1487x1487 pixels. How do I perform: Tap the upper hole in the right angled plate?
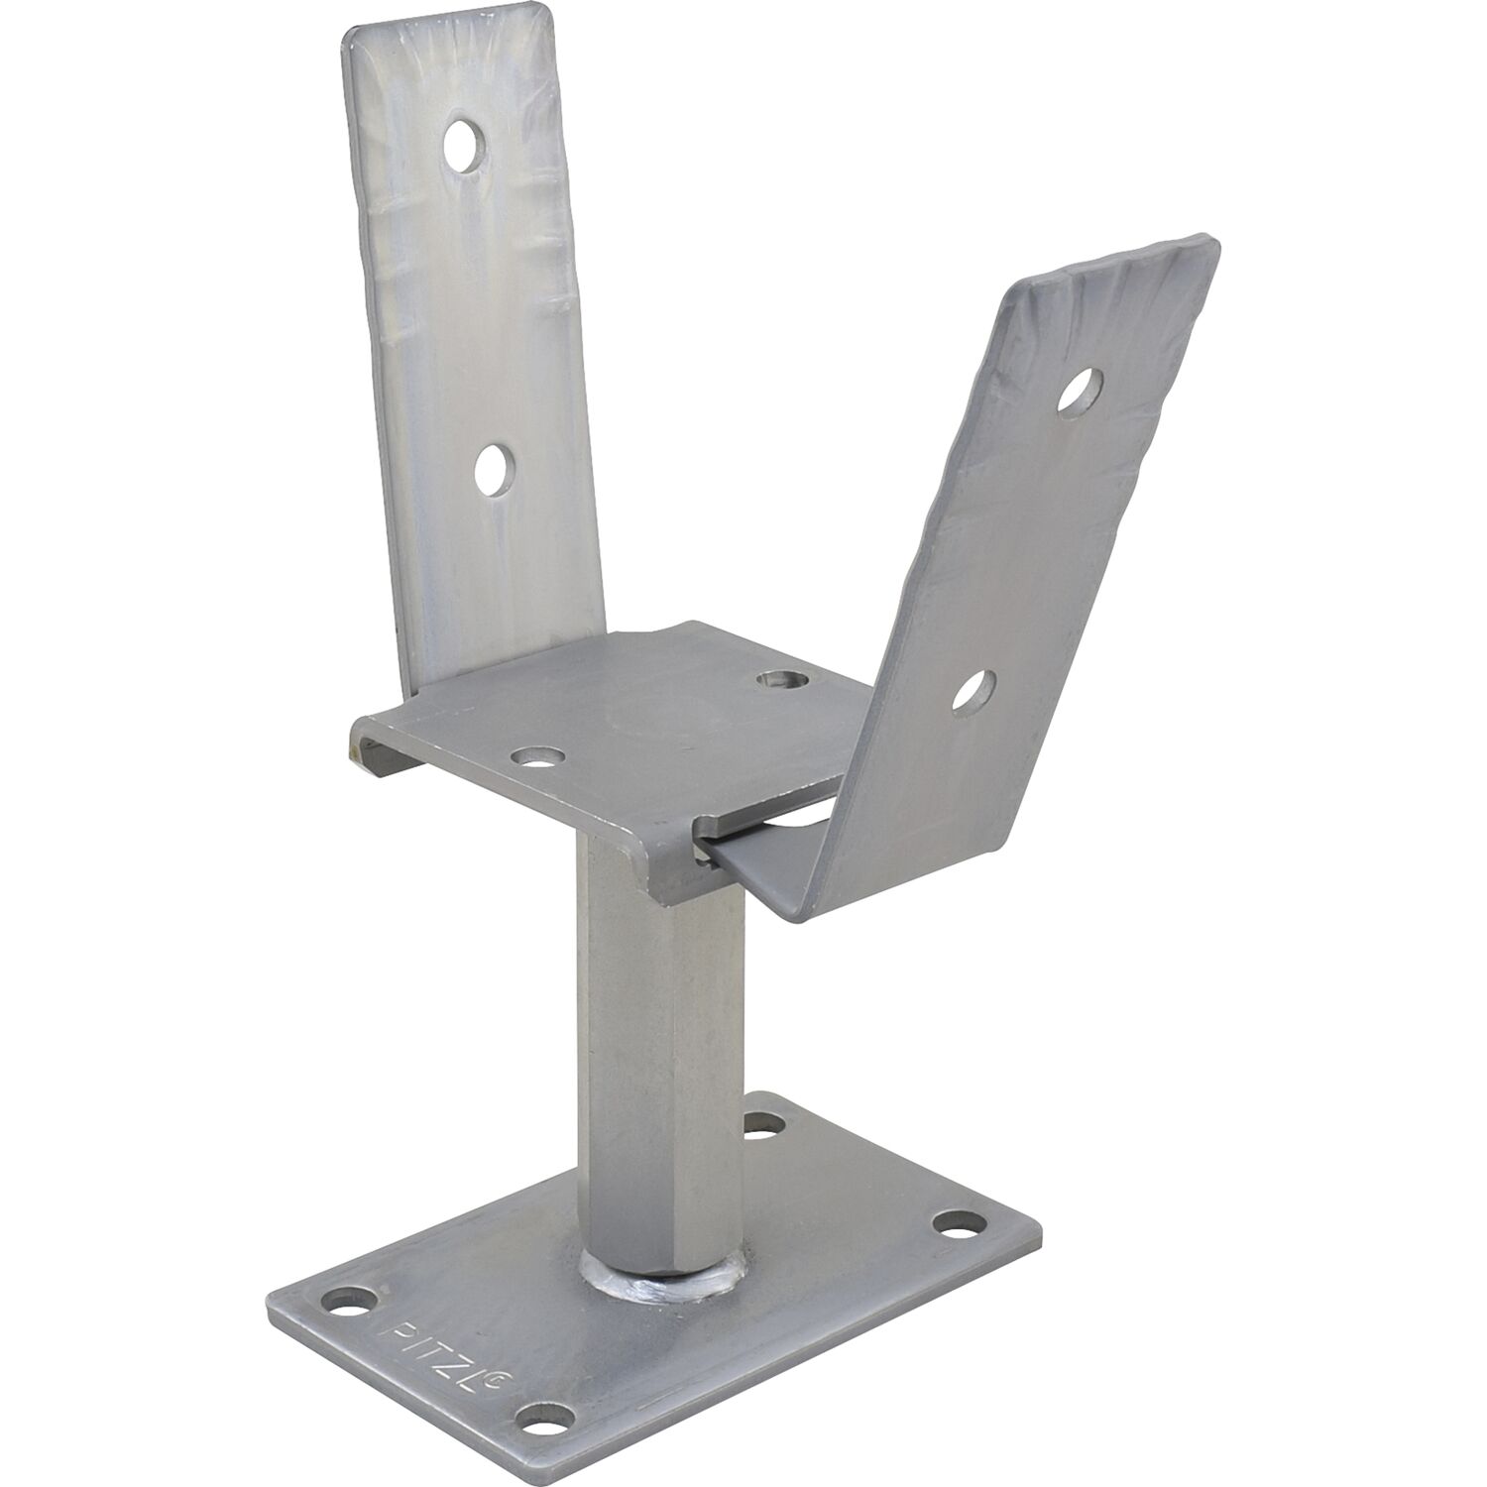[x=1080, y=389]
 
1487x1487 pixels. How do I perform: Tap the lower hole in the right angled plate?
[x=973, y=691]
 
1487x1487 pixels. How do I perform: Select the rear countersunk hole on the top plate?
[x=781, y=680]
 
